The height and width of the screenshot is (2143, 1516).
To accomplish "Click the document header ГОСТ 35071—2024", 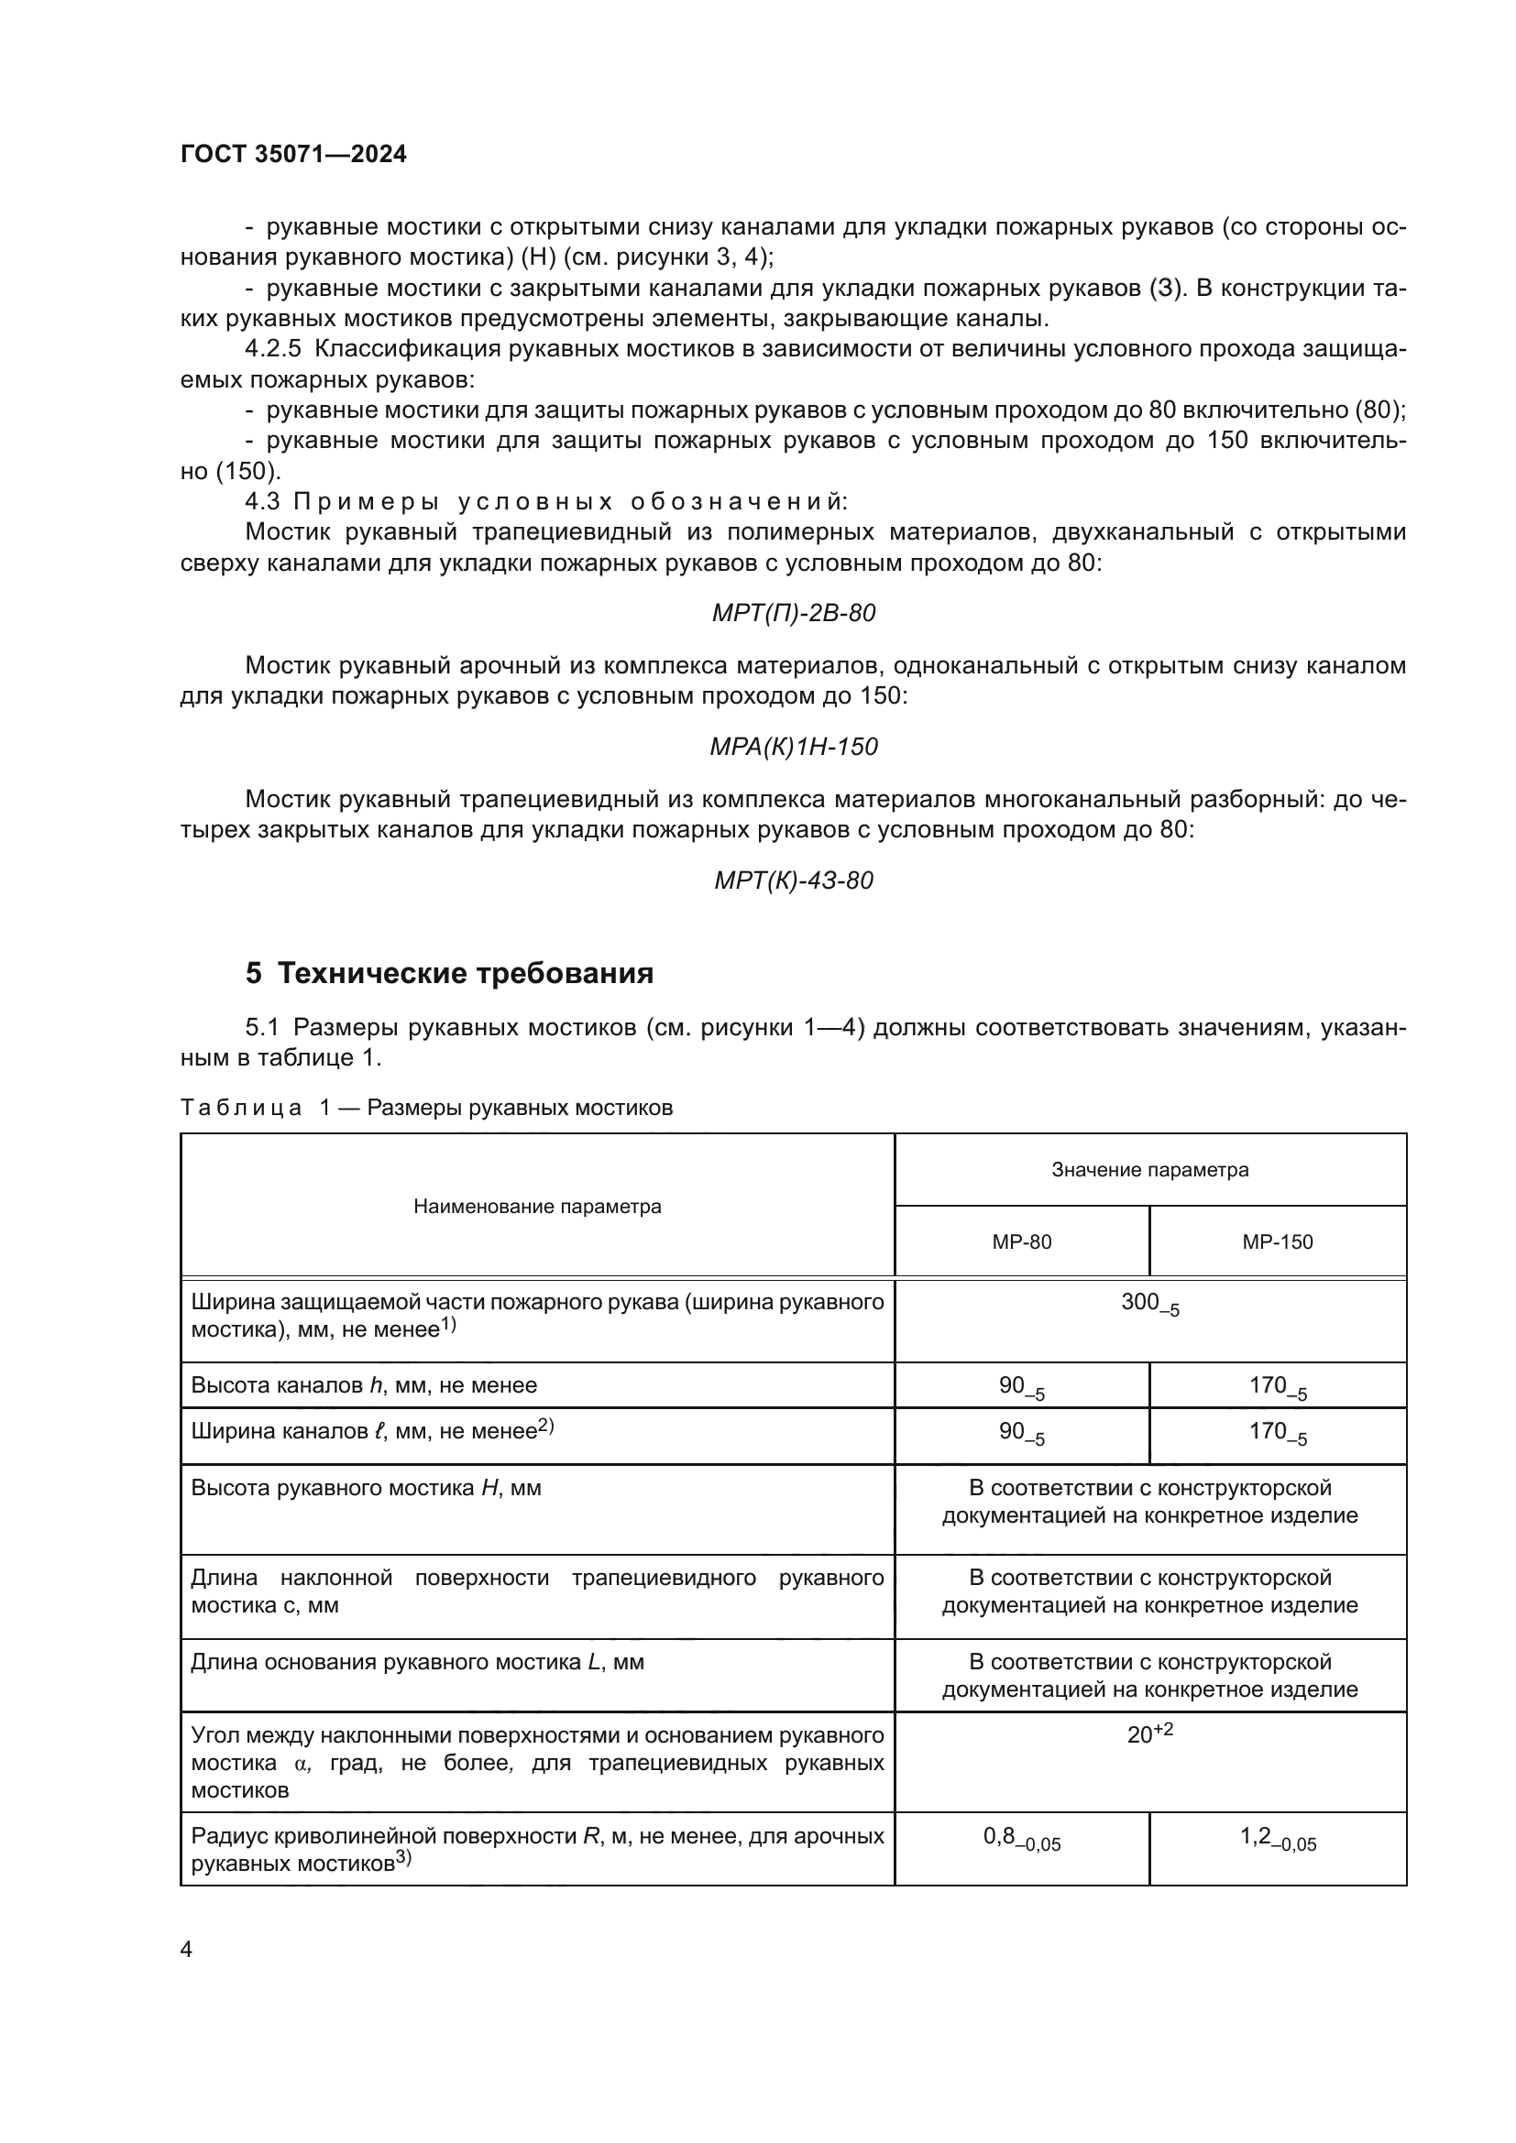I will (293, 154).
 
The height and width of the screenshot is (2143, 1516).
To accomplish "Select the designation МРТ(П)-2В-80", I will (794, 613).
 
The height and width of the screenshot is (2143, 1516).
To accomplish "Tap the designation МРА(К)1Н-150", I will (794, 747).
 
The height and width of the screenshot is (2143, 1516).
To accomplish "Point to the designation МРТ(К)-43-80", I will (794, 880).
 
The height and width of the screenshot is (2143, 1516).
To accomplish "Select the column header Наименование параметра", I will (537, 1206).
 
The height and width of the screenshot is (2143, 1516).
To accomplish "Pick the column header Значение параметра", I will (1149, 1169).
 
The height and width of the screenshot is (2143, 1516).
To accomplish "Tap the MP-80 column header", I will (1021, 1241).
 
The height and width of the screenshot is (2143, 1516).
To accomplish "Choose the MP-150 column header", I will (1277, 1241).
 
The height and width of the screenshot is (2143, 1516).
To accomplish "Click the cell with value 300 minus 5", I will (1149, 1304).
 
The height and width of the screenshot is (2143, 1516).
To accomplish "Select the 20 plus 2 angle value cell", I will (1149, 1734).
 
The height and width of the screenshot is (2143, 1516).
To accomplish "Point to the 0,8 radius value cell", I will (1021, 1838).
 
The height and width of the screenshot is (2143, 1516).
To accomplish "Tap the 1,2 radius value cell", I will (1277, 1838).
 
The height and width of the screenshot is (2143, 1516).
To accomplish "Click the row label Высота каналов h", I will (364, 1385).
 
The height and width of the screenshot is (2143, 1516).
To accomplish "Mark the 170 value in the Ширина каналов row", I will (1277, 1432).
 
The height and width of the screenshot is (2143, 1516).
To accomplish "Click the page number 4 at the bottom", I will (186, 1950).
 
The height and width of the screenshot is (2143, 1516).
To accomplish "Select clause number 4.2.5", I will (272, 349).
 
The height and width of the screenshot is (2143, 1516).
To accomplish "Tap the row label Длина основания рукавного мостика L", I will (417, 1662).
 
